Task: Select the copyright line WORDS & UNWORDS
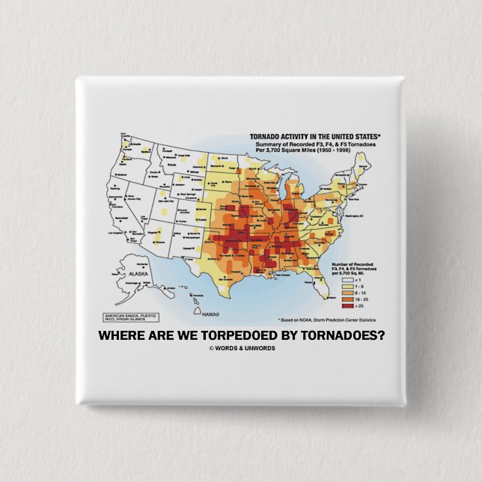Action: point(242,348)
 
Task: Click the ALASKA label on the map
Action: point(138,275)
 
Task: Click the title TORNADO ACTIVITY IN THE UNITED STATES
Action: point(314,136)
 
